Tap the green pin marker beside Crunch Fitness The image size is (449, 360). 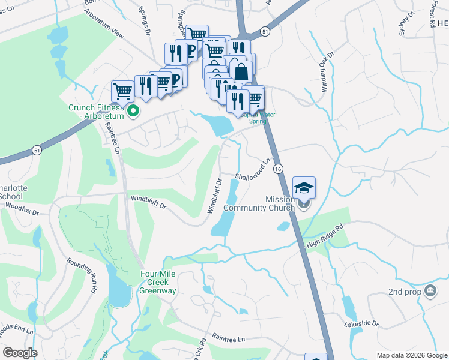coord(134,110)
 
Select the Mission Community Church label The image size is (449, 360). coord(259,204)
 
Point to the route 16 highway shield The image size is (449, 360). coord(277,170)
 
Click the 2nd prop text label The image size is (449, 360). coord(403,292)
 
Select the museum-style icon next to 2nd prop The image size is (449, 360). coord(430,292)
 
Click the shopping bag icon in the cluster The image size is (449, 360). coord(241,71)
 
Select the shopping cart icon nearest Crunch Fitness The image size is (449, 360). coord(122,91)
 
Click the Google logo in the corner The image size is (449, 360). coord(20,353)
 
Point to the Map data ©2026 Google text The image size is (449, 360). coord(411,355)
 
